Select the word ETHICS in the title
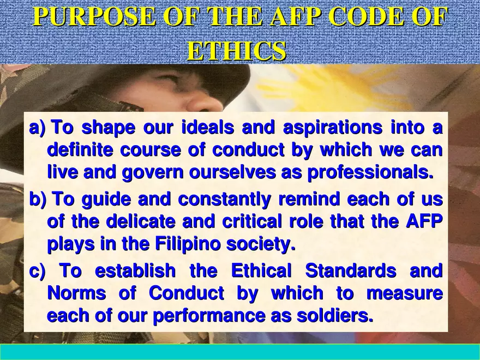tap(236, 51)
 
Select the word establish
tap(135, 271)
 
